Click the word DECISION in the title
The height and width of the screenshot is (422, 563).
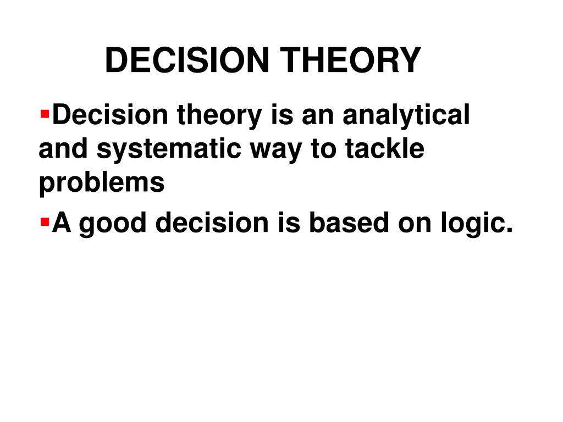point(187,60)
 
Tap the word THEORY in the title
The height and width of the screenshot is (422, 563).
point(350,60)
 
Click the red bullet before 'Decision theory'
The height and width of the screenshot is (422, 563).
point(45,114)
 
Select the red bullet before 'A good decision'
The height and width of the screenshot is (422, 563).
point(45,222)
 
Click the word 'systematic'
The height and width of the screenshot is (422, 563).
point(168,149)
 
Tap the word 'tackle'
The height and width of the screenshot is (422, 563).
point(384,148)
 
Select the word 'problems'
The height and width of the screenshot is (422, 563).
point(102,183)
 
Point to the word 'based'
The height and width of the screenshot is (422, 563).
point(349,222)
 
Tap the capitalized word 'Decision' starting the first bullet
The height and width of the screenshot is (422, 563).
point(110,114)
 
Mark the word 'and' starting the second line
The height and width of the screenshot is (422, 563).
point(63,148)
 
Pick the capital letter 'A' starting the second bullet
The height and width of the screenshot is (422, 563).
point(62,222)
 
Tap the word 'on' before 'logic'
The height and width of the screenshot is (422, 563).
point(415,225)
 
